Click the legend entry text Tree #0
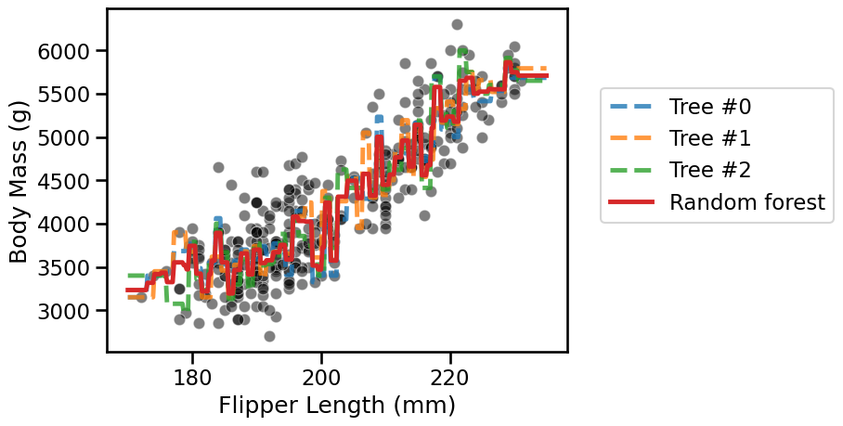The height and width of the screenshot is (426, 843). [x=710, y=107]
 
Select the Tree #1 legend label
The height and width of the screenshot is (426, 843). [x=710, y=138]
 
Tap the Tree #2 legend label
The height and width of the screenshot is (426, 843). [x=710, y=171]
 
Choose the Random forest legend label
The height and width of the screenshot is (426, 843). [x=747, y=202]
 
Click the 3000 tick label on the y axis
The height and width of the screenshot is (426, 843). [x=63, y=311]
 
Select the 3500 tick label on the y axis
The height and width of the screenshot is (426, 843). [x=63, y=268]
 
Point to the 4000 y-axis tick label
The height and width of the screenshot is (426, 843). [x=63, y=225]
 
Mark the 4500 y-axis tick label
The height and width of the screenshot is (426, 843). [x=63, y=181]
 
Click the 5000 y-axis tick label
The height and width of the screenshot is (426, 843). [x=63, y=138]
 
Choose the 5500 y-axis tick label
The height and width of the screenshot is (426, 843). [x=63, y=95]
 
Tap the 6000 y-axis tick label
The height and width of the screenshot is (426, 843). [x=63, y=52]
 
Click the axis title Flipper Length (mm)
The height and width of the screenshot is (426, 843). [x=337, y=406]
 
